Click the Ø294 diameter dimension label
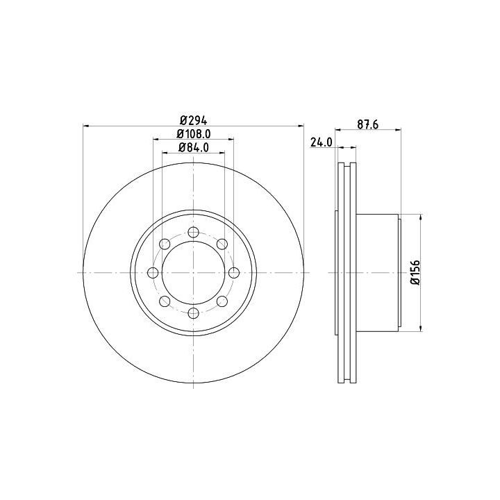[x=194, y=121]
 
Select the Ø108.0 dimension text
[x=194, y=133]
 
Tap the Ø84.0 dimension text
[x=194, y=147]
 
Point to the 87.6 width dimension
[x=367, y=125]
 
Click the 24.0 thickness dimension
[x=321, y=142]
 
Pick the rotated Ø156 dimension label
[x=415, y=272]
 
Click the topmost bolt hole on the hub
[x=194, y=232]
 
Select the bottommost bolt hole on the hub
[x=194, y=313]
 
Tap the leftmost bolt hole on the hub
[x=153, y=273]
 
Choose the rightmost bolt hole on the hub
[x=234, y=273]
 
